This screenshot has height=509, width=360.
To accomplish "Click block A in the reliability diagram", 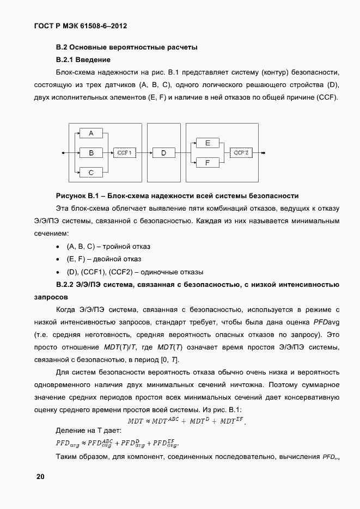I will coord(91,133).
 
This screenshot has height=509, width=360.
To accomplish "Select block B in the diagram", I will coord(91,153).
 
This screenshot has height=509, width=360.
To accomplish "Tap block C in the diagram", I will coord(91,172).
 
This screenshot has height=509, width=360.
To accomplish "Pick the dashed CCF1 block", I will coord(124,153).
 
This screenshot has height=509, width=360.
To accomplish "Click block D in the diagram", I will coord(163,153).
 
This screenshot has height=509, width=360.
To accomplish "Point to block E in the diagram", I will coord(207,143).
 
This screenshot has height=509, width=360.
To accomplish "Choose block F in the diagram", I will coord(207,162).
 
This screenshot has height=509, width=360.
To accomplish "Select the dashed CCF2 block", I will coord(241,153).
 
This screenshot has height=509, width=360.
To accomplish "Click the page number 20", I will coord(41,477).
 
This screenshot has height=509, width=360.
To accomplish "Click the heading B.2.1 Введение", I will coord(83,59).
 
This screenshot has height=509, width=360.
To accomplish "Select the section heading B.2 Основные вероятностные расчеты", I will coord(127,47).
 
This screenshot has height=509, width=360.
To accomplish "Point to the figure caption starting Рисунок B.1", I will coord(177,195).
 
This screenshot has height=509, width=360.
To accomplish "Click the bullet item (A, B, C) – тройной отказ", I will coord(108,247).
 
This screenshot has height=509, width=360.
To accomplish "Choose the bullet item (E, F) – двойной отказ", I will coord(104,259).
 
